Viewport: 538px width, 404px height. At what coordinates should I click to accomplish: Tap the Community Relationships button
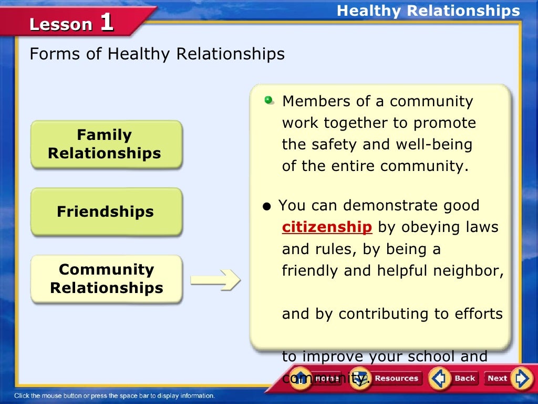tap(106, 279)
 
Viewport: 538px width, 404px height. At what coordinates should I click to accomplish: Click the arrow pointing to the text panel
tap(214, 280)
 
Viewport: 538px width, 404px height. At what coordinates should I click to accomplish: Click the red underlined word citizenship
tap(327, 227)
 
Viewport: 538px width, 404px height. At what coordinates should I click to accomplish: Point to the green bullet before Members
tap(269, 100)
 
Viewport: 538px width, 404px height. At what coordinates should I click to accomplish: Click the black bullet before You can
tap(267, 206)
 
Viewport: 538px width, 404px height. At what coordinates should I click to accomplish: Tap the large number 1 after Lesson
tap(106, 23)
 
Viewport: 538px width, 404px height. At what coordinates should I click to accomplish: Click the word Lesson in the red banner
tap(61, 25)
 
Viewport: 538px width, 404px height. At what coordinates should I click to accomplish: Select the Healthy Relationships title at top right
tap(428, 11)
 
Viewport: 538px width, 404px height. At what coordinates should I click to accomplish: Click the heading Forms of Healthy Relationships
tap(157, 54)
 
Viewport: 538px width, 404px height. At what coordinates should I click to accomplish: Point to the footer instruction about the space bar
tap(115, 396)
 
